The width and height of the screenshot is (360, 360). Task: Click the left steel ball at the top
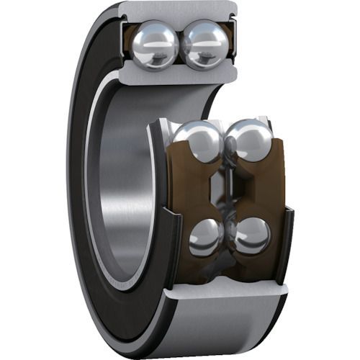tap(156, 45)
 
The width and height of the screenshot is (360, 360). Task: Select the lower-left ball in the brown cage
tap(207, 236)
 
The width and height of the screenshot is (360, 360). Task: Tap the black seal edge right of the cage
tap(287, 238)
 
